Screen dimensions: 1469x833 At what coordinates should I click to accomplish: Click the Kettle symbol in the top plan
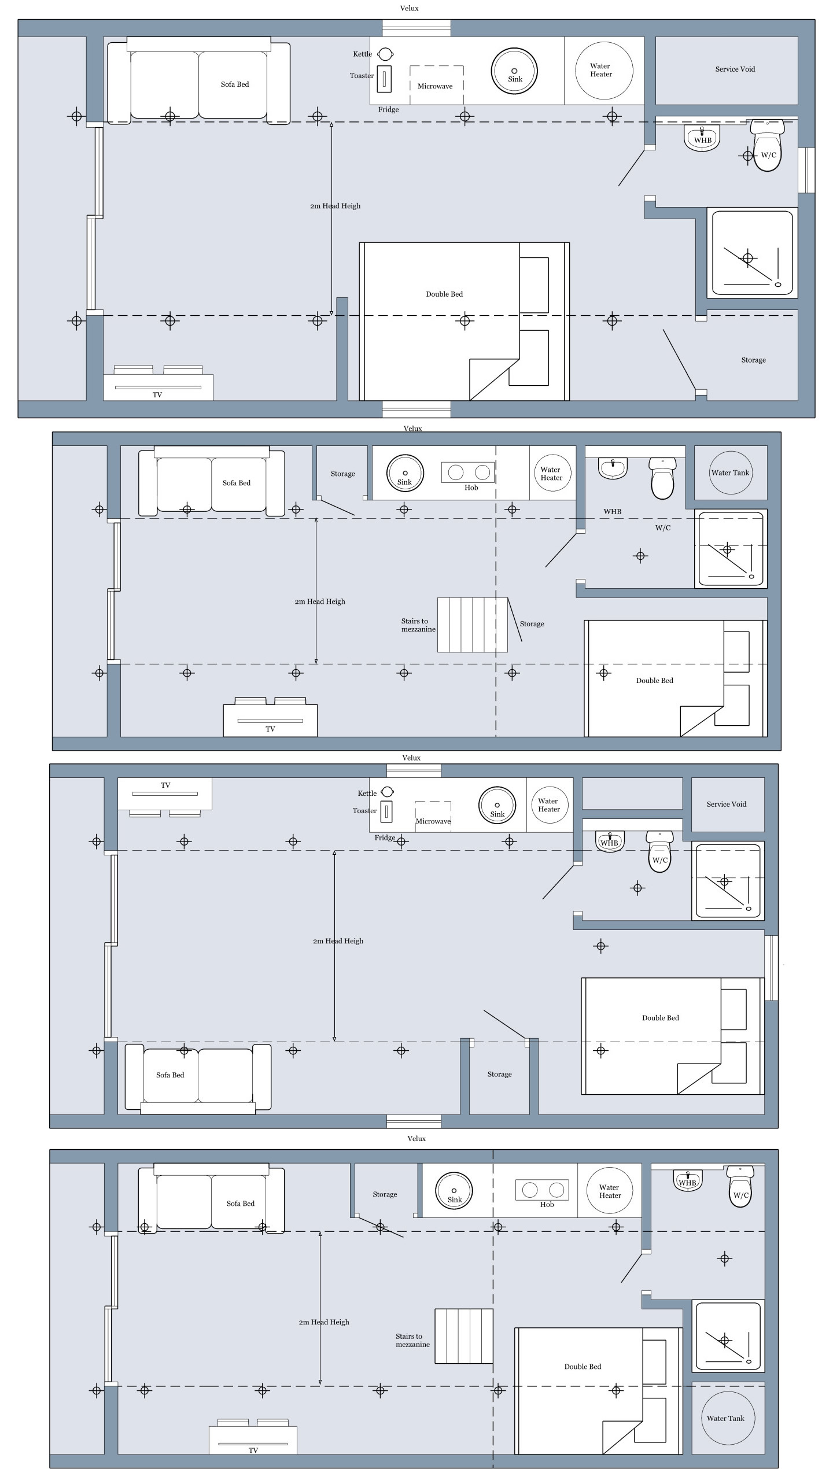385,54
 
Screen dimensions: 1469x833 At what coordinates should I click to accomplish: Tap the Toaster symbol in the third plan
386,811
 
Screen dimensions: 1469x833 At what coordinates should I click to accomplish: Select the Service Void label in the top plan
735,69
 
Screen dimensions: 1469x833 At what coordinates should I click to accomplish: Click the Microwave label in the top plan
435,86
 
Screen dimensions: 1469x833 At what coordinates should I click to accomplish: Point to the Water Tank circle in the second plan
731,473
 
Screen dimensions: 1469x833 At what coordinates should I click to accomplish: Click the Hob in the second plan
469,473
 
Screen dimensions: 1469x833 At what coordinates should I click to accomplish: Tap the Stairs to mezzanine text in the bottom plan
412,1340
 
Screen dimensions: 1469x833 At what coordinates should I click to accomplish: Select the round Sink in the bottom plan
454,1190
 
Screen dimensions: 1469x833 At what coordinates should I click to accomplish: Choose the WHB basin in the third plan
609,840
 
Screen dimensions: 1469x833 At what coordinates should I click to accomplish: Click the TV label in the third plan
165,785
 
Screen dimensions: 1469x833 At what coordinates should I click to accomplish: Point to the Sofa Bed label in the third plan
170,1075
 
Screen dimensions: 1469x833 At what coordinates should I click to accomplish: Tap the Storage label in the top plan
753,360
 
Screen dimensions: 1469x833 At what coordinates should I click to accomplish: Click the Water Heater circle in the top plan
603,70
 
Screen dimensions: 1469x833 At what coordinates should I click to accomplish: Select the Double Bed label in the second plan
654,681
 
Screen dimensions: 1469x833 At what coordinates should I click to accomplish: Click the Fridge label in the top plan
388,110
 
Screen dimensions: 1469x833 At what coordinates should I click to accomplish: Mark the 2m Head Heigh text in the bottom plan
324,1322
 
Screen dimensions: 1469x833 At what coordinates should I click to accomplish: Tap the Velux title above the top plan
409,8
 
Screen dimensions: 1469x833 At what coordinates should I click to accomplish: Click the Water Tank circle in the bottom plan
726,1418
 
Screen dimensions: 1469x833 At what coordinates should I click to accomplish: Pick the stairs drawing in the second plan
472,625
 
